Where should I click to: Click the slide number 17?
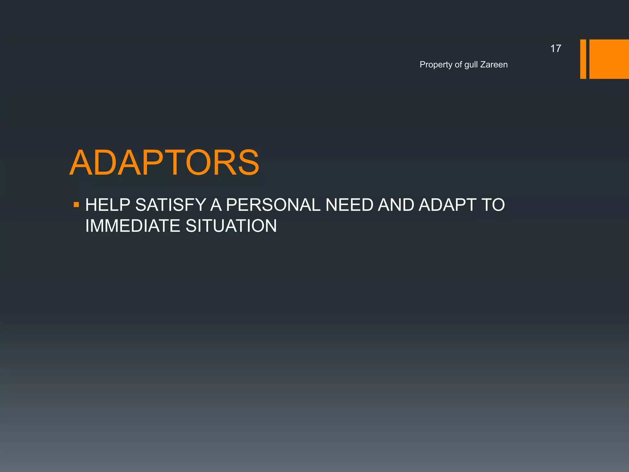click(555, 49)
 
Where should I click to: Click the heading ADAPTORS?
click(164, 163)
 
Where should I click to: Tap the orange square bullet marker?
click(76, 205)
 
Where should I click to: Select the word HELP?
click(107, 205)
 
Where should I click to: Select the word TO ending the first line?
click(493, 205)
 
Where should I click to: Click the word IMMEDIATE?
click(133, 226)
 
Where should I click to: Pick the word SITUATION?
click(231, 226)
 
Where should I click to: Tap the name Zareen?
click(494, 65)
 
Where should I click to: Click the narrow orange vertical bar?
click(583, 59)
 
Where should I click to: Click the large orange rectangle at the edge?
click(609, 59)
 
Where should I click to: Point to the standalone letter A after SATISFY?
click(216, 205)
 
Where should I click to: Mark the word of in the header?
click(458, 65)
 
